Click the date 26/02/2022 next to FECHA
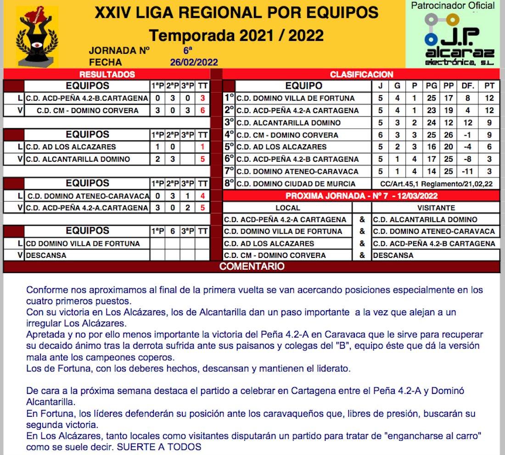(194, 63)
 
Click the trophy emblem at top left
(37, 36)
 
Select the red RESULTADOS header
(107, 74)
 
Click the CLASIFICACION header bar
(361, 74)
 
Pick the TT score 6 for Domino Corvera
(202, 110)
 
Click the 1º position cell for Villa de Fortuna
(229, 98)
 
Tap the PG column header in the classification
(431, 86)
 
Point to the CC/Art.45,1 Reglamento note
(440, 184)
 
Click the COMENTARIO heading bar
(251, 267)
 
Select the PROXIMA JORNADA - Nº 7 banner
(361, 196)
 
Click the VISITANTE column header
(436, 208)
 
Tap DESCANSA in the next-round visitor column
(393, 256)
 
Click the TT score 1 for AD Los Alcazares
(202, 147)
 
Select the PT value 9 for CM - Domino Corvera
(489, 135)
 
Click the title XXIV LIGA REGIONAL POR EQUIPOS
(236, 13)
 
